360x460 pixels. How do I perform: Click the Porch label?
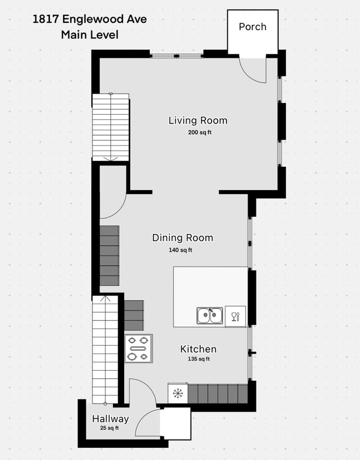(253, 27)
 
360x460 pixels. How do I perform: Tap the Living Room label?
(198, 120)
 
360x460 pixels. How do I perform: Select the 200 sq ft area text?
(199, 132)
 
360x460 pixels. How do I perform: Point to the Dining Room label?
(183, 238)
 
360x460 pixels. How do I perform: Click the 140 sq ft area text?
(181, 250)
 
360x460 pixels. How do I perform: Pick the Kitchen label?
(198, 349)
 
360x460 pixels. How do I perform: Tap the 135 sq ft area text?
(199, 359)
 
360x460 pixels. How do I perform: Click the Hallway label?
(111, 418)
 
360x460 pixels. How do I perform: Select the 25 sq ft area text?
(109, 428)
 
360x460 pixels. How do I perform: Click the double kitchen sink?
(209, 315)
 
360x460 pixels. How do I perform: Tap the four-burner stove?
(138, 349)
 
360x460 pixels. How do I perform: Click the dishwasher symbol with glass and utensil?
(235, 316)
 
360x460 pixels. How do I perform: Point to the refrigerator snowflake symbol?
(178, 393)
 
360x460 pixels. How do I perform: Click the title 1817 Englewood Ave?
(89, 19)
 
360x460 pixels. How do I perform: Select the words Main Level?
(90, 34)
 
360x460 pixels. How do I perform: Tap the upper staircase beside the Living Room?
(111, 127)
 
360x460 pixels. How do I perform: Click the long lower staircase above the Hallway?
(105, 350)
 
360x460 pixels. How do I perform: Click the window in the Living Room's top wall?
(177, 56)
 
